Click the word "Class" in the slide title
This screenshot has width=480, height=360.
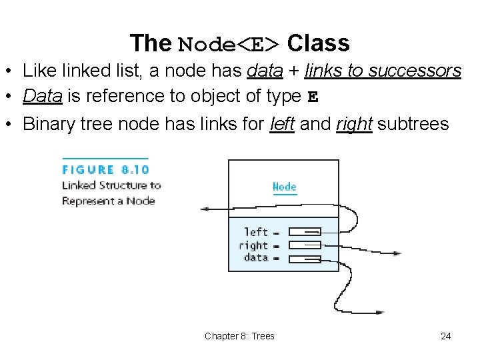point(318,43)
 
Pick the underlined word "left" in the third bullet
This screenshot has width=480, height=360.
point(283,124)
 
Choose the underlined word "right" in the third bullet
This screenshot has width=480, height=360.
point(353,124)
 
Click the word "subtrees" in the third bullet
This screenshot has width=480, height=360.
point(413,124)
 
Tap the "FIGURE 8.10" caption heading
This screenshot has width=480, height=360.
point(105,170)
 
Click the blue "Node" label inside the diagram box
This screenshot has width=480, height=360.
point(284,187)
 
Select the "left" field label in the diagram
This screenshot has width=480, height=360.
point(256,232)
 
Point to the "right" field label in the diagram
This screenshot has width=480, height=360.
point(253,245)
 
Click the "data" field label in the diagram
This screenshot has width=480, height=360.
point(256,257)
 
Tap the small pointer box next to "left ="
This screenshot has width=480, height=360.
point(305,232)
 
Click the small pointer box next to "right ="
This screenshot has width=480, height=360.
point(305,245)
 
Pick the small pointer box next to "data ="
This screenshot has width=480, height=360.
point(305,258)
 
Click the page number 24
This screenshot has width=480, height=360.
point(446,336)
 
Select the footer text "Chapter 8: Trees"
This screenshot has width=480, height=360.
point(239,336)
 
